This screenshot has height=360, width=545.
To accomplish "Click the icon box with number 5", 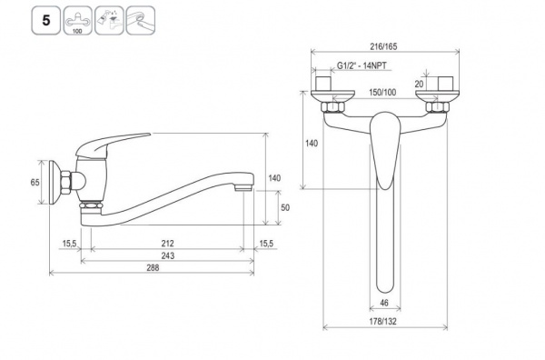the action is click(46, 21).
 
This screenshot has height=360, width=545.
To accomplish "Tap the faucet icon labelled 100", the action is click(77, 21).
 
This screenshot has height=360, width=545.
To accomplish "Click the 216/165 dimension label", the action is click(383, 46).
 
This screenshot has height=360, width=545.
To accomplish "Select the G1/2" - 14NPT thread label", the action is click(362, 65).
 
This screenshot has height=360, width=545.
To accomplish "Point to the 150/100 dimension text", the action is click(382, 92).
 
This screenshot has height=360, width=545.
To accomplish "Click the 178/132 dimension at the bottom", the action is click(382, 322).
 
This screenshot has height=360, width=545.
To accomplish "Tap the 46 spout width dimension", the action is click(384, 303).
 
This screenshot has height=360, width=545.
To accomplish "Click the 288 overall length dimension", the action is click(153, 267).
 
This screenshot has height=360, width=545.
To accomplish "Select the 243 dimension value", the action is click(167, 255).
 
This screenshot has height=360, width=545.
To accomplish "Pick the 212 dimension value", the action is click(167, 244).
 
